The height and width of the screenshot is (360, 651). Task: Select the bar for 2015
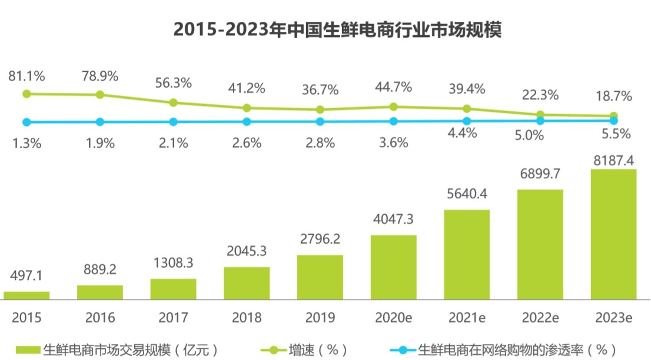(x=26, y=295)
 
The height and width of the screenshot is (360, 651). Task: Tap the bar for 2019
(x=320, y=277)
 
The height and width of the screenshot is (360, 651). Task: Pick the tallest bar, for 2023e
(x=613, y=234)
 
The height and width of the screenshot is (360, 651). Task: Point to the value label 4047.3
(x=393, y=219)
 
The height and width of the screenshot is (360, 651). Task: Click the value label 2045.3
(x=247, y=251)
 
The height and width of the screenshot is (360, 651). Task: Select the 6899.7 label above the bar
(x=540, y=174)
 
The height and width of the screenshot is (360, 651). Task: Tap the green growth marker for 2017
(x=173, y=102)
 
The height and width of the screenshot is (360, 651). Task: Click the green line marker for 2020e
(x=393, y=106)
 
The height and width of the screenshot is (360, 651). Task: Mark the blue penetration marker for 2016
(x=100, y=122)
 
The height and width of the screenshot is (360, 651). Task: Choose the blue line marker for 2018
(x=247, y=122)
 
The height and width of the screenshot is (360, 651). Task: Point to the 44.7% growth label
(x=393, y=88)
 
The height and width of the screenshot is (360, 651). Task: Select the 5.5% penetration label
(x=616, y=134)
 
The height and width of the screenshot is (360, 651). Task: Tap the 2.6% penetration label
(x=247, y=142)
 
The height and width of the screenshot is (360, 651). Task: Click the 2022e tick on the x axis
(x=540, y=318)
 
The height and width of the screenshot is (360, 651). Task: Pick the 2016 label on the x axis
(x=100, y=318)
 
